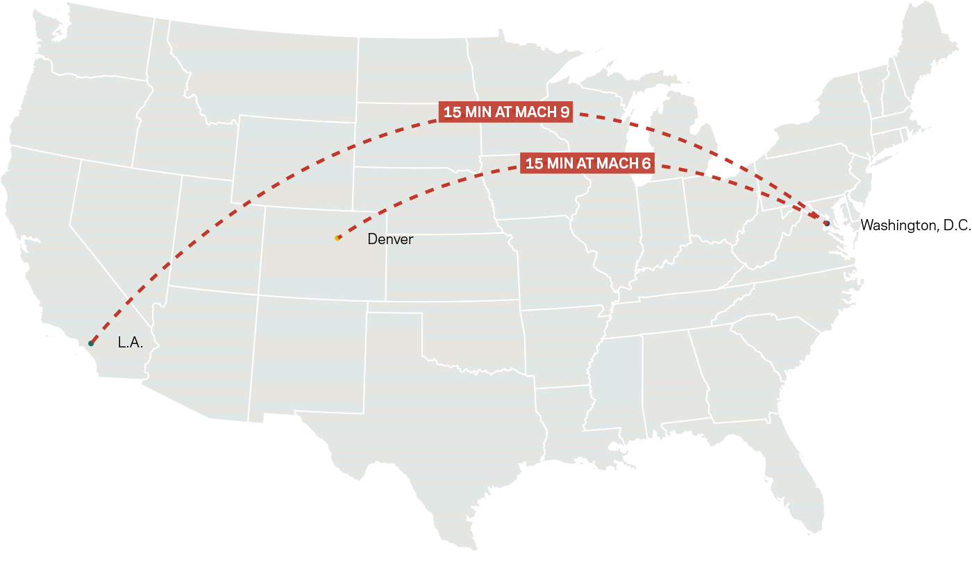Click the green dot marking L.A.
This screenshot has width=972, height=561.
point(91,343)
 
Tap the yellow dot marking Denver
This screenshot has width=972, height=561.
point(337,238)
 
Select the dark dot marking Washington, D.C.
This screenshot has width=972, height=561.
point(826,223)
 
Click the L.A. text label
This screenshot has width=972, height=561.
point(131,343)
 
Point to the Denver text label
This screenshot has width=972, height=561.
point(390,239)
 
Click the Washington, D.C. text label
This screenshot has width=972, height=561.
point(915,225)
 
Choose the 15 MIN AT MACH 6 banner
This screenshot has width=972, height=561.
point(587,164)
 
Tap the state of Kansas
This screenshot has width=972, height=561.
point(451,267)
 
